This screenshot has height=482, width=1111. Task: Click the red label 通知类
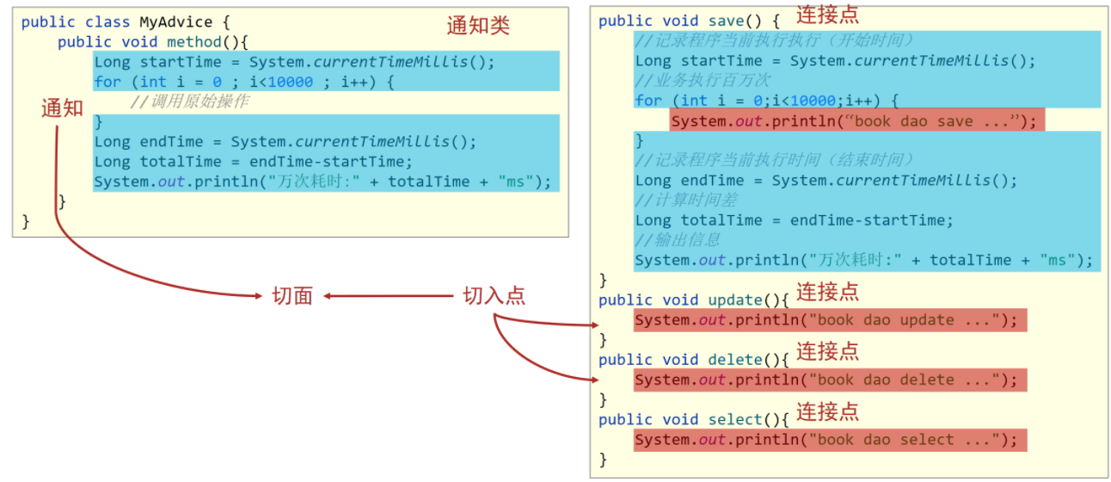(x=478, y=26)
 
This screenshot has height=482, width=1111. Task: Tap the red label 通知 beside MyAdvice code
(x=62, y=108)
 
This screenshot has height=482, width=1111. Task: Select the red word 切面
(x=292, y=296)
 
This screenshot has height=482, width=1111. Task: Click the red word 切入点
(x=494, y=296)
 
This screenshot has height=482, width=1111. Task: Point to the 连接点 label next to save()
(x=827, y=14)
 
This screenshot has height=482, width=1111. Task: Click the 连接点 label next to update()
(x=827, y=292)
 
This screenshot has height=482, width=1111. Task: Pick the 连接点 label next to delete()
(x=827, y=351)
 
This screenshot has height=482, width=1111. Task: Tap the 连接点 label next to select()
(x=827, y=411)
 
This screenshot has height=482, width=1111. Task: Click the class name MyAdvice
(x=175, y=22)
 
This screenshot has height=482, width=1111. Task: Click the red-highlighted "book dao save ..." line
(x=856, y=121)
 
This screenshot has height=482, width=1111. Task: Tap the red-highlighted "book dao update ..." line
(x=830, y=320)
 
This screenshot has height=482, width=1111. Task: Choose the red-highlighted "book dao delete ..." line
(x=830, y=380)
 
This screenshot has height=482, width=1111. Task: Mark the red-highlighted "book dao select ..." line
(x=830, y=440)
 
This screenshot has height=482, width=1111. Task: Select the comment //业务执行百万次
(x=703, y=81)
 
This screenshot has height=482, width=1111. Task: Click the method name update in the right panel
(x=734, y=300)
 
